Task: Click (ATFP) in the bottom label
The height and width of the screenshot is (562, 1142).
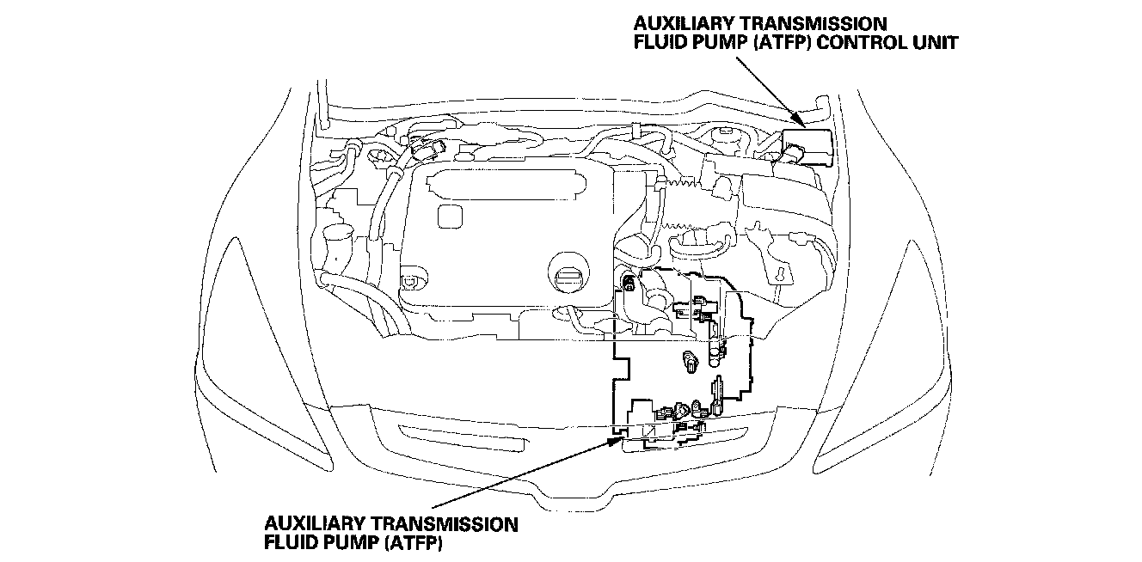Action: tap(418, 542)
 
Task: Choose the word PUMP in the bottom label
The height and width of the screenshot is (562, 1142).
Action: tap(364, 542)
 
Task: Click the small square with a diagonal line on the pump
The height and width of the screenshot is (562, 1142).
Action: tap(650, 432)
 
